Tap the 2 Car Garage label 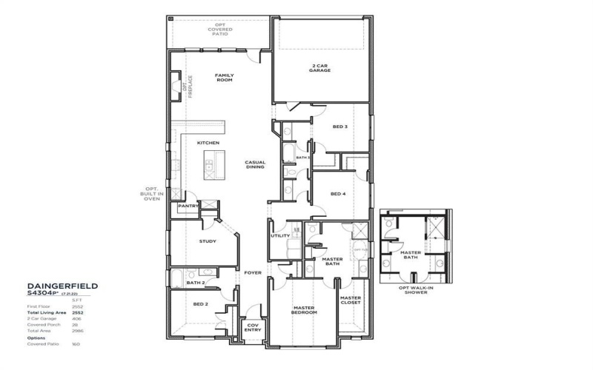click(320, 68)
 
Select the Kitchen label click(208, 142)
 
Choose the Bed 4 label click(338, 194)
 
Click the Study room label click(207, 241)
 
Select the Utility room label click(280, 235)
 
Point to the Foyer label click(254, 273)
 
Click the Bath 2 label click(195, 283)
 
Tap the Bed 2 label click(200, 304)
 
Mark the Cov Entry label click(253, 328)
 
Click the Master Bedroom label click(304, 311)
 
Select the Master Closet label click(350, 300)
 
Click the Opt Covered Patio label click(220, 30)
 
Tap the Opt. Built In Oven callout click(152, 194)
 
